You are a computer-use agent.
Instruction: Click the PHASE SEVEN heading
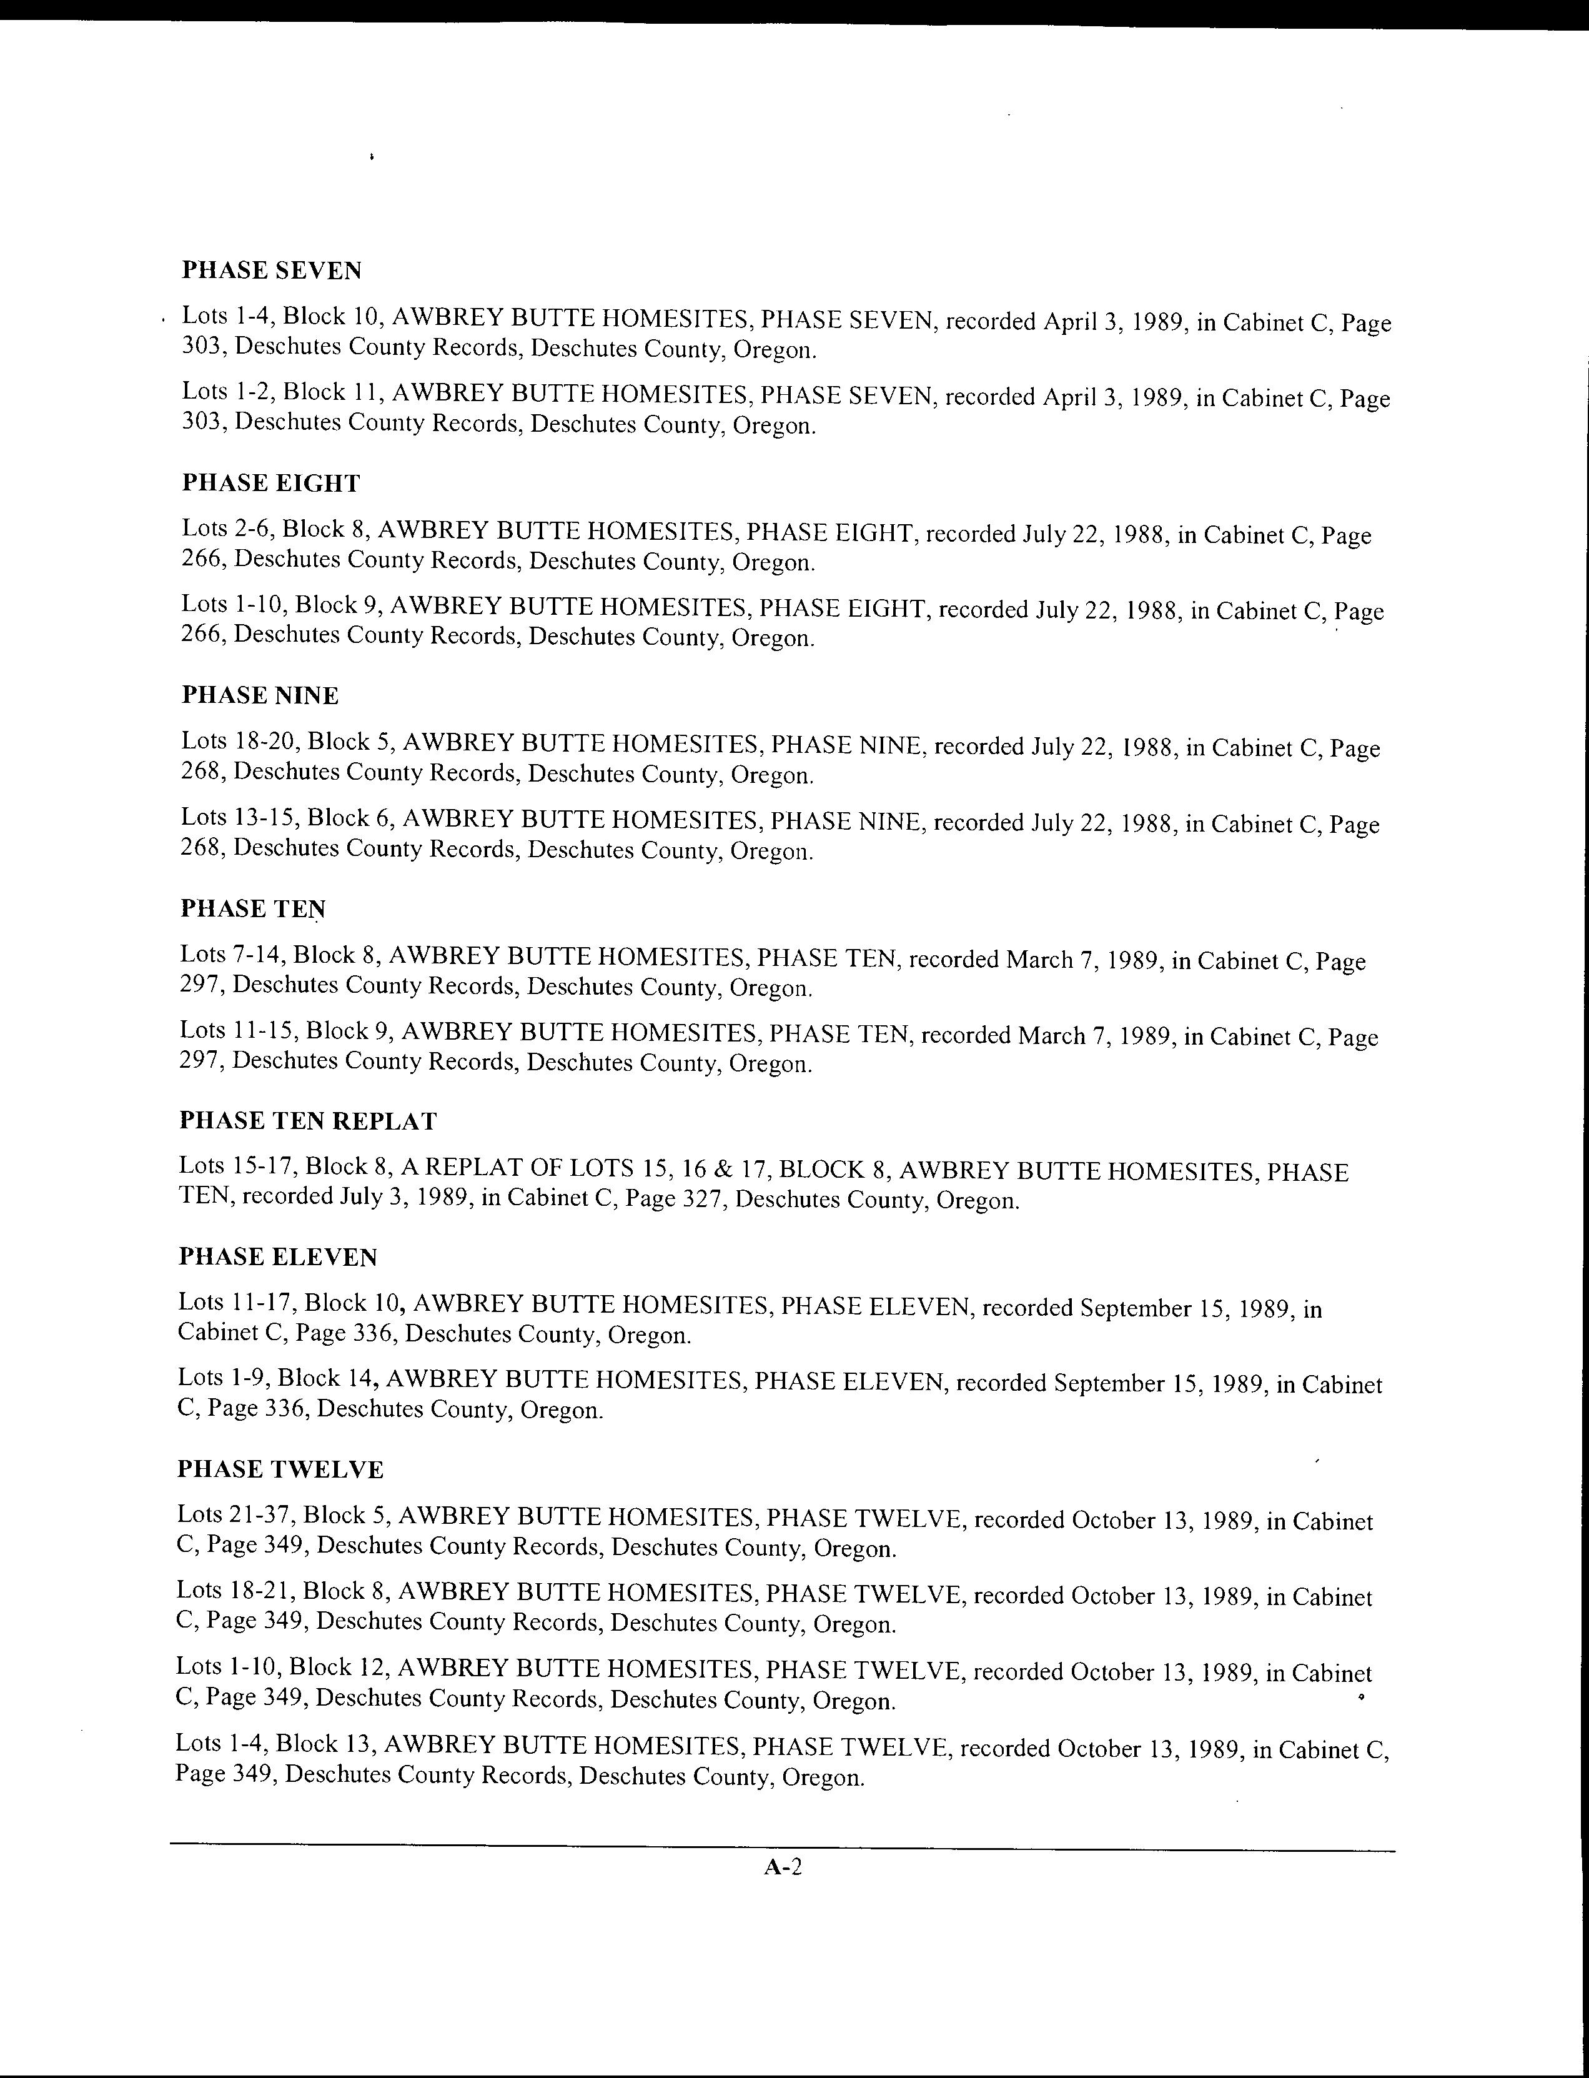(272, 271)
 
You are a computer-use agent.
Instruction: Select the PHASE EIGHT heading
(270, 484)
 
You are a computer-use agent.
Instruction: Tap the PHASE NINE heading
(260, 695)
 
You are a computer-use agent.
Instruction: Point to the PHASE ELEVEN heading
(278, 1257)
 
